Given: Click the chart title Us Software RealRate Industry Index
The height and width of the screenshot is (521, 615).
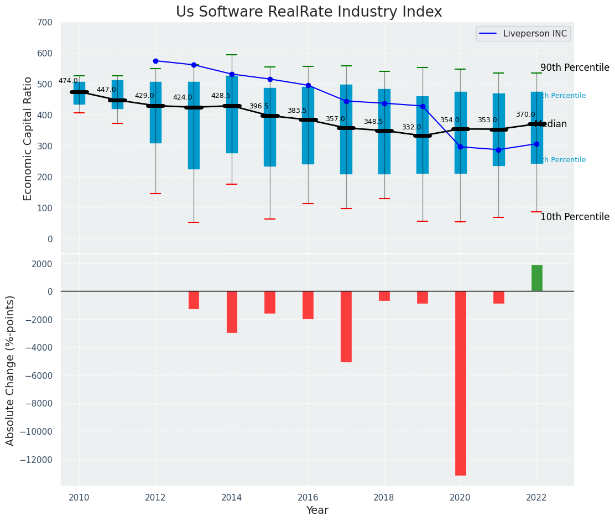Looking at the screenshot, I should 309,12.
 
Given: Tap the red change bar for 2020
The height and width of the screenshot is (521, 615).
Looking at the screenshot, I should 460,383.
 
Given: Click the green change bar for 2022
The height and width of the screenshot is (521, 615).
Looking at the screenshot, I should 536,278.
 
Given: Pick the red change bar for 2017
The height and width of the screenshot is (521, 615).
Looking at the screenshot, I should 346,326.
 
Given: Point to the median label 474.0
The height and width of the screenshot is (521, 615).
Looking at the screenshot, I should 68,81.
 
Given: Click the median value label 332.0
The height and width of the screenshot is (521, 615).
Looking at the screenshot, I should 411,127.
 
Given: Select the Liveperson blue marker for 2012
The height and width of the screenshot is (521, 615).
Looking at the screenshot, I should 155,61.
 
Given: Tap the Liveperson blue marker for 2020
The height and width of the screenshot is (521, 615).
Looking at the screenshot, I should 460,147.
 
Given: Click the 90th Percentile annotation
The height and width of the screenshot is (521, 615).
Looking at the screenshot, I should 575,67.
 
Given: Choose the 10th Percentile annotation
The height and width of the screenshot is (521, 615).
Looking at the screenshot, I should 575,217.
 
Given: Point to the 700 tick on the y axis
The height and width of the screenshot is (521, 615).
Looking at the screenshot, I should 45,23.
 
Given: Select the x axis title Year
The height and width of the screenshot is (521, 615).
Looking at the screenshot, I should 317,510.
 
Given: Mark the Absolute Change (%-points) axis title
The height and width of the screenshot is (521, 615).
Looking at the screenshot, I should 11,370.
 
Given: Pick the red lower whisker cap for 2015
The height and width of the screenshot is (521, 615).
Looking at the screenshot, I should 270,219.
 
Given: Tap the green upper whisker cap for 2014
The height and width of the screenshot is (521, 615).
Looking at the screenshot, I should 232,55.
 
